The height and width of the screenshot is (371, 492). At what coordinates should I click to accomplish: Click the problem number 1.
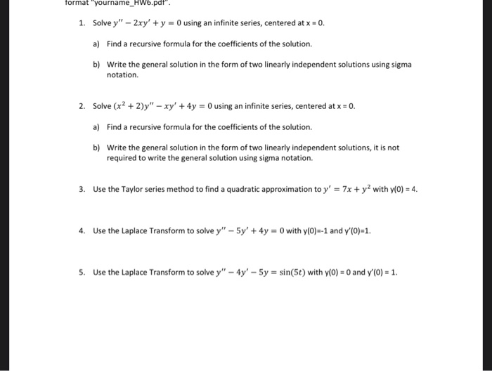[x=82, y=23]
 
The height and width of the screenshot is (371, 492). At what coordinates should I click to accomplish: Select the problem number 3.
[x=82, y=189]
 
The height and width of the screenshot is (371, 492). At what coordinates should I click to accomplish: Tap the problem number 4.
[x=82, y=230]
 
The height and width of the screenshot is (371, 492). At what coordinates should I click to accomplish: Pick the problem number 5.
[x=82, y=272]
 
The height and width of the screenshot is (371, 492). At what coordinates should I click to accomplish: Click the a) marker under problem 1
[x=96, y=44]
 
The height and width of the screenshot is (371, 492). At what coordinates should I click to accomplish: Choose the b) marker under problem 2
[x=96, y=148]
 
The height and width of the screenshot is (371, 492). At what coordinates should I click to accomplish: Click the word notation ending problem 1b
[x=122, y=74]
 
